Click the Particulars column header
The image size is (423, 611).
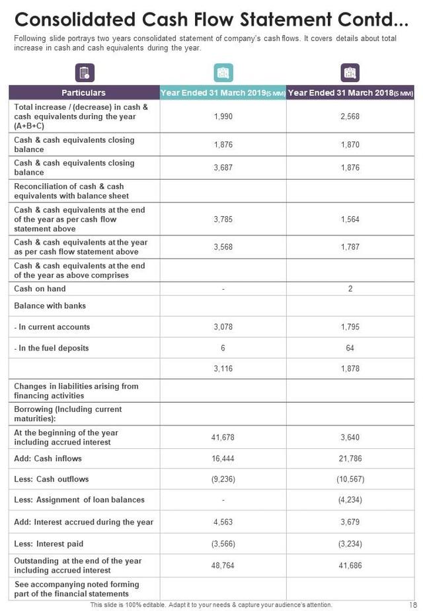click(x=83, y=93)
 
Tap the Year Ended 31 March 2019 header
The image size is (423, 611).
click(x=222, y=93)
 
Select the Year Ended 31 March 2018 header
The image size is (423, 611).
click(x=350, y=93)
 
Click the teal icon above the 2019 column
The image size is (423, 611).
click(x=223, y=73)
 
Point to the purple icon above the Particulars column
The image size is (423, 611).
click(x=85, y=73)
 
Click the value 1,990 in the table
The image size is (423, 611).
click(x=223, y=116)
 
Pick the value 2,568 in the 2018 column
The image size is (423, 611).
click(x=350, y=116)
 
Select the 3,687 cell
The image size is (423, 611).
click(x=223, y=168)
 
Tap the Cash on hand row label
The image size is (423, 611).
click(x=40, y=289)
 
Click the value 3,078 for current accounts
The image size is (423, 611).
click(x=223, y=327)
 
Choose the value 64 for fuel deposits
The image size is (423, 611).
click(x=350, y=348)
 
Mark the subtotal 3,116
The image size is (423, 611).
click(x=223, y=369)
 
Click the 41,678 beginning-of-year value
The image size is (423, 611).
click(x=223, y=438)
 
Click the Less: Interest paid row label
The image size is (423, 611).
click(x=48, y=544)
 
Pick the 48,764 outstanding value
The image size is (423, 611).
click(x=223, y=566)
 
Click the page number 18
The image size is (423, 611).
click(x=412, y=605)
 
